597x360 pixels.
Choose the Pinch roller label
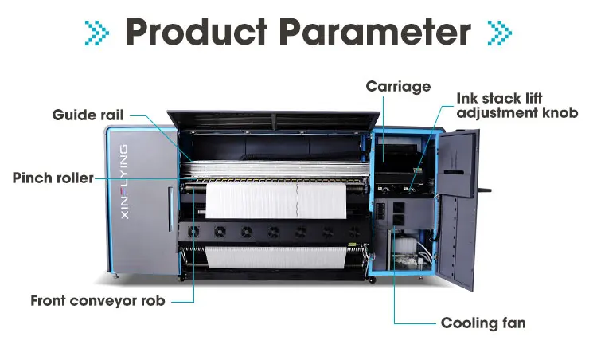53,178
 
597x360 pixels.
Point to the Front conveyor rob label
99,301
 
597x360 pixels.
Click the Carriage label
398,85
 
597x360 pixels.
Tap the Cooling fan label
483,323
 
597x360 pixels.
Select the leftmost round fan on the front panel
192,232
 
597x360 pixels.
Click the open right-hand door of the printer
457,207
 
